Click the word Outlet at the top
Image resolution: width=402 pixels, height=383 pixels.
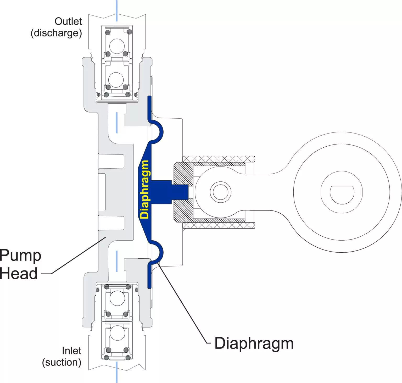(x=68, y=21)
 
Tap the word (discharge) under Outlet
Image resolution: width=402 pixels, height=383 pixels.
(x=56, y=33)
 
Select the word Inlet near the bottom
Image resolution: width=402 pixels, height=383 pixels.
(x=71, y=351)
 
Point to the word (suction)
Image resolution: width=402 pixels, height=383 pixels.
(x=62, y=362)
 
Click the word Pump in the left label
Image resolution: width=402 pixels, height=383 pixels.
(x=20, y=256)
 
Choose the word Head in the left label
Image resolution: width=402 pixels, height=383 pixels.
(x=19, y=273)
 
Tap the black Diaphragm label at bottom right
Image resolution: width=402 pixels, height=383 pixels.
(x=254, y=343)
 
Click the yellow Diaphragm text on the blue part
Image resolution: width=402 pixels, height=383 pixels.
(x=144, y=189)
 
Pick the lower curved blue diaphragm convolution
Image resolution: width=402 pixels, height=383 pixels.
(x=157, y=252)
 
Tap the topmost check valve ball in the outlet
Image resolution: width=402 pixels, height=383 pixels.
(x=117, y=46)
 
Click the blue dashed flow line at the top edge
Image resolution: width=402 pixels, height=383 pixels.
(x=117, y=11)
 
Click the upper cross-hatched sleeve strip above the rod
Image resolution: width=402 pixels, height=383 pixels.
(x=219, y=159)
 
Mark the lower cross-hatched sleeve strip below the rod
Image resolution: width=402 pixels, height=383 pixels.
(x=219, y=225)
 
